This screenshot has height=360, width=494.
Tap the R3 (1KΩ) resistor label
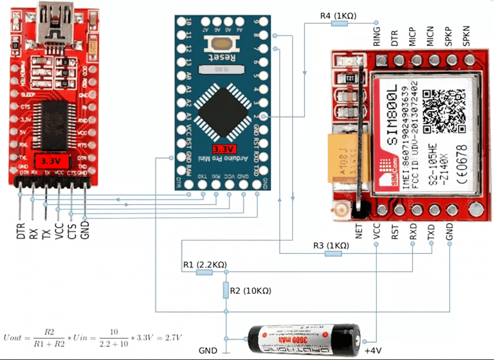[x=331, y=245]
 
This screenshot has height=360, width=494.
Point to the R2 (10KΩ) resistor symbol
[x=226, y=291]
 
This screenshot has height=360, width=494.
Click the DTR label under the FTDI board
[x=21, y=230]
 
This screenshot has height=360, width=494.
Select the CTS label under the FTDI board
[x=73, y=230]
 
